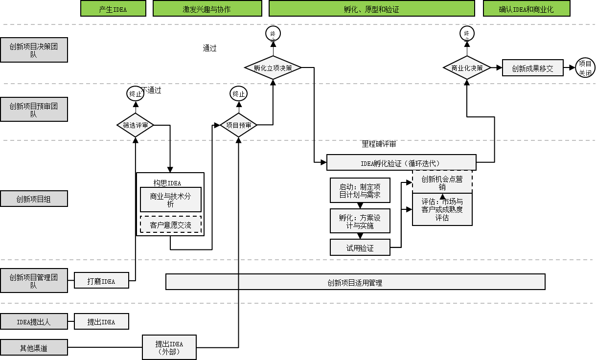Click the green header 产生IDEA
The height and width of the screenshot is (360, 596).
[x=113, y=9]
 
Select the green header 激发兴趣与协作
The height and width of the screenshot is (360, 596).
[x=207, y=9]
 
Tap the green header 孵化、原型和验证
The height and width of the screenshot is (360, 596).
[x=372, y=9]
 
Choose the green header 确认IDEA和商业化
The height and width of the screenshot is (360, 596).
[x=527, y=9]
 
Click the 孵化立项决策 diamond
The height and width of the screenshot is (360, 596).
[x=273, y=68]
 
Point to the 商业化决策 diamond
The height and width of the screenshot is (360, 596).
[x=467, y=68]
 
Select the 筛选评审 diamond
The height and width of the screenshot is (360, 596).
[x=136, y=125]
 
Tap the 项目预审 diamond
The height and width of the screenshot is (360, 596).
[x=238, y=125]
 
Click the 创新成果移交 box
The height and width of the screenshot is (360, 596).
[x=532, y=68]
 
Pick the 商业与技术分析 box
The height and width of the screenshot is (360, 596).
[x=170, y=200]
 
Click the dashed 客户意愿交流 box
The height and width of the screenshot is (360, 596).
[x=170, y=225]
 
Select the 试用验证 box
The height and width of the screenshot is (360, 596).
[x=360, y=248]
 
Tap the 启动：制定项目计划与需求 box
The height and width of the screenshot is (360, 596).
[x=360, y=190]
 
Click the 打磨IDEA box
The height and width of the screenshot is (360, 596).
[x=101, y=281]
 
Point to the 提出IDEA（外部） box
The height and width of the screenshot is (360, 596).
[x=169, y=347]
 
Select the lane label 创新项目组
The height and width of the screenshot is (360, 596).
[x=34, y=199]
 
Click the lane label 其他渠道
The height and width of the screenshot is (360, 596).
[x=34, y=348]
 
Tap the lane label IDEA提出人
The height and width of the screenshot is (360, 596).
[x=34, y=322]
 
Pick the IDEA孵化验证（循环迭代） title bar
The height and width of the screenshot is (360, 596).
[x=401, y=163]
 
